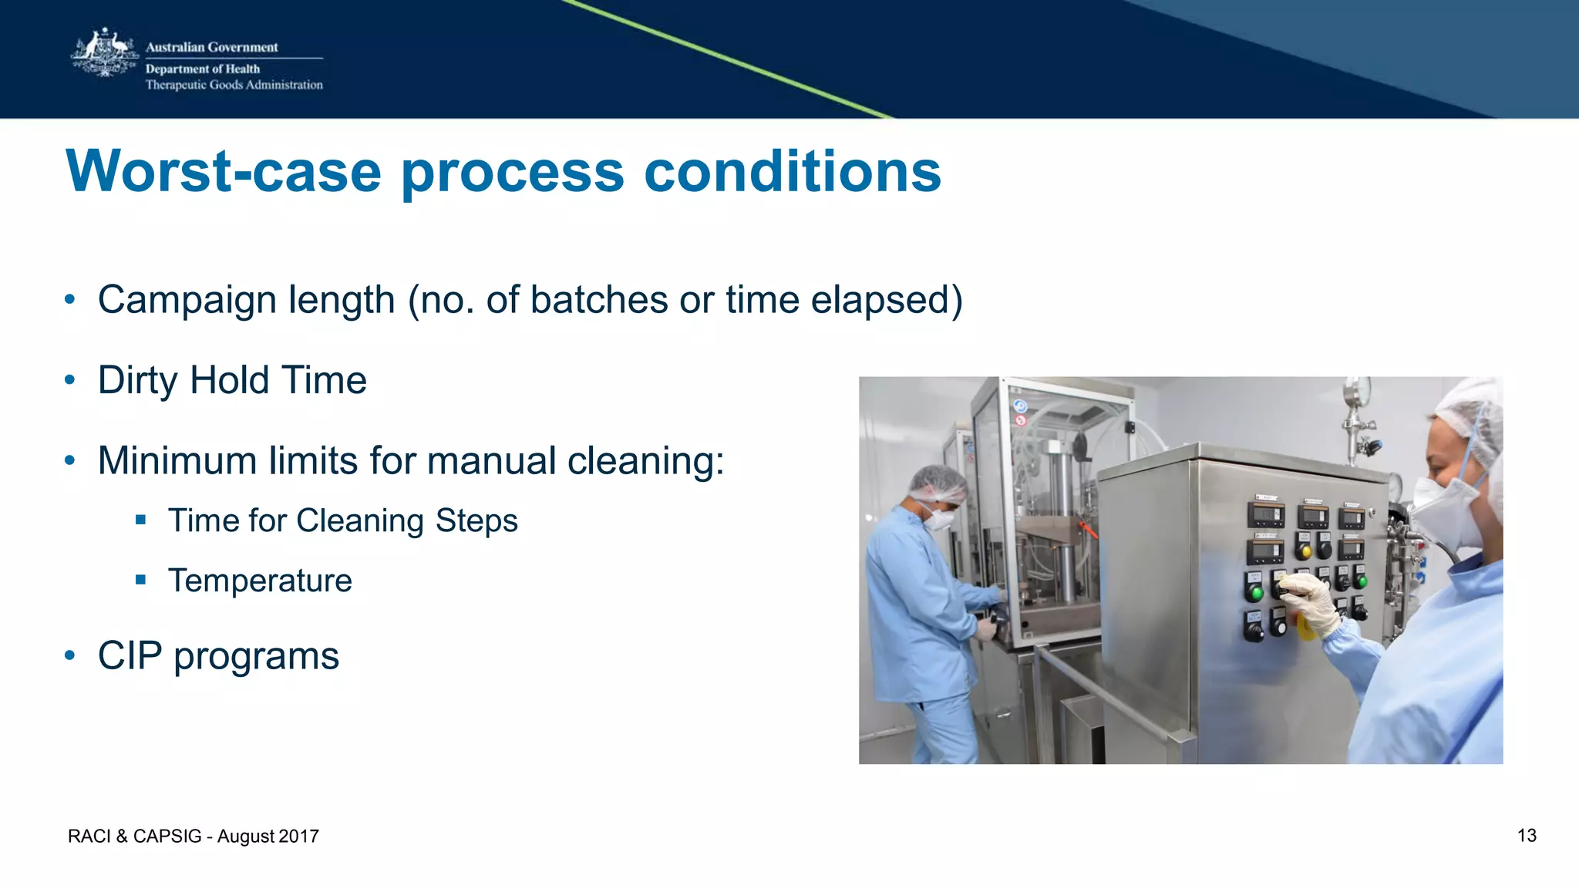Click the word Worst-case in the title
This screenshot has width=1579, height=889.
click(x=224, y=171)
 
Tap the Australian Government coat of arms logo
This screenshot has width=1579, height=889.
click(x=105, y=54)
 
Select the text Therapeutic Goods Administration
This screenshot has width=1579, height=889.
click(x=234, y=85)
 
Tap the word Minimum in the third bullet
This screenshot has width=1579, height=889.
click(x=177, y=461)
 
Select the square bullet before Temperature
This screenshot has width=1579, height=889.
click(x=140, y=580)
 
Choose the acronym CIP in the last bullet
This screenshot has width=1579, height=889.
click(x=130, y=656)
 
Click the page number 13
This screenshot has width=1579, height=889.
click(x=1526, y=836)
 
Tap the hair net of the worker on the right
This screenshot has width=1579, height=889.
click(x=1469, y=413)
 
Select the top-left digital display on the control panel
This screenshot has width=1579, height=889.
click(x=1265, y=515)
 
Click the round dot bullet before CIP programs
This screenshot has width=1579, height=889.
click(x=70, y=656)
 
